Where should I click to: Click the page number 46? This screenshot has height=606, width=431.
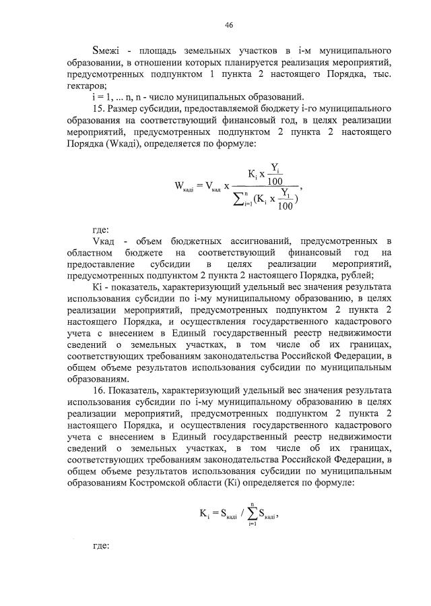(x=229, y=25)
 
